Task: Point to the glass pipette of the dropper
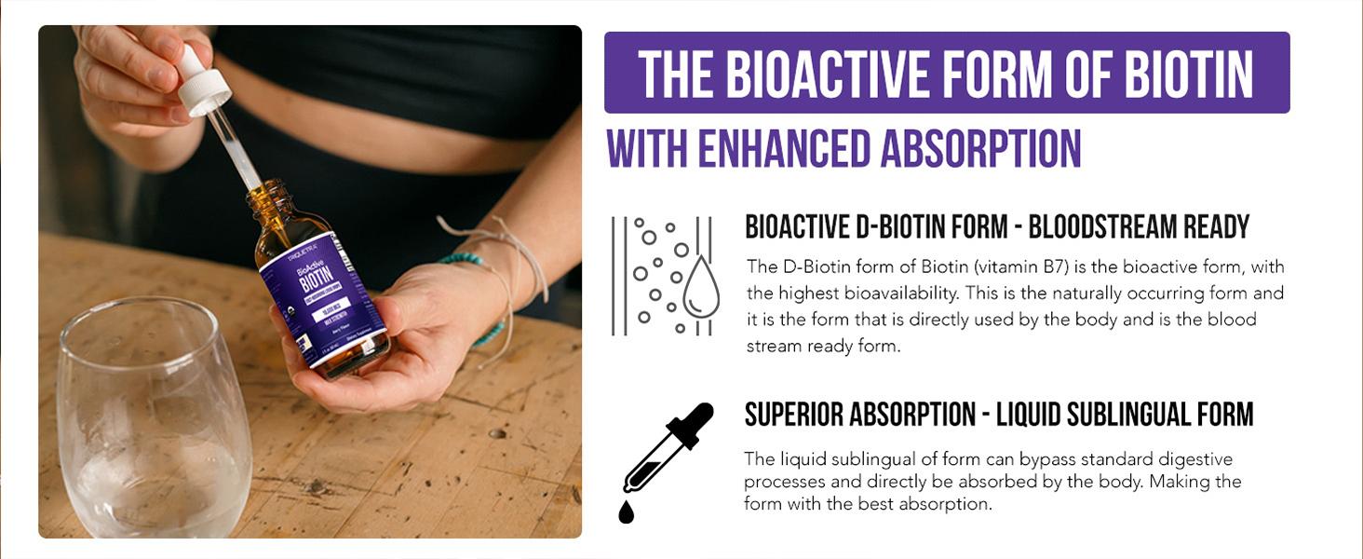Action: coord(236,149)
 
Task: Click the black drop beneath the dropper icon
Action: coord(627,511)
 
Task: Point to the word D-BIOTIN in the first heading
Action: coord(926,226)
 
